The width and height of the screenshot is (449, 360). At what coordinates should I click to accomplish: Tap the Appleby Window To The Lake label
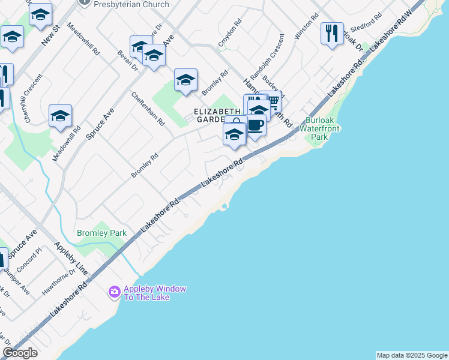pos(154,293)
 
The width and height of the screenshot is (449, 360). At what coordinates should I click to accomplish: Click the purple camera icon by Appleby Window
pos(114,292)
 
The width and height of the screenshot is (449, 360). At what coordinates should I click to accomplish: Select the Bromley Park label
pos(97,232)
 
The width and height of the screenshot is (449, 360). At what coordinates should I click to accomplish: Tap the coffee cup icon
pos(256,125)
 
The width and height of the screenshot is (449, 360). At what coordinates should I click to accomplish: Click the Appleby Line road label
pos(71,259)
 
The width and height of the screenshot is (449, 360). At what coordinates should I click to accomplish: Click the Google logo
pos(20,353)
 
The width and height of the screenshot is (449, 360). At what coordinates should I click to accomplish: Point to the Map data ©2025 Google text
pos(412,355)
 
